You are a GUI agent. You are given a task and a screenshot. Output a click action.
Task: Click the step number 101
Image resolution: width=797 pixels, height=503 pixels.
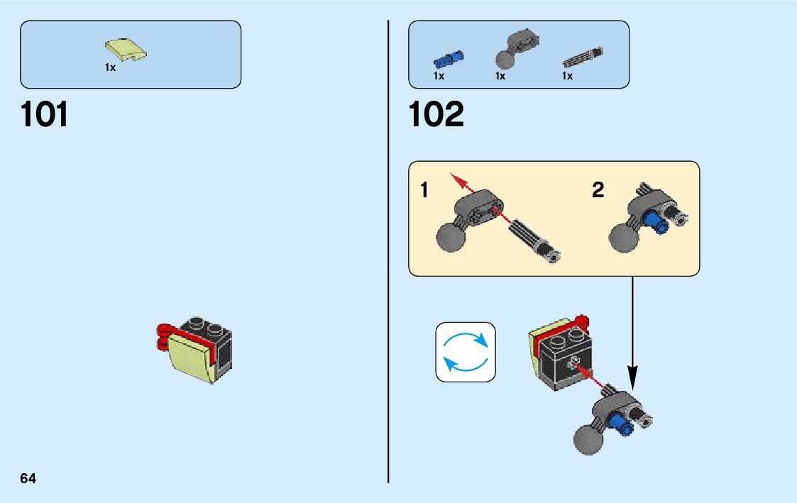coord(45,114)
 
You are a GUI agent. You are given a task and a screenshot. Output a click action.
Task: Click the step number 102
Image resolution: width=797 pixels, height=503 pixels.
coord(436,114)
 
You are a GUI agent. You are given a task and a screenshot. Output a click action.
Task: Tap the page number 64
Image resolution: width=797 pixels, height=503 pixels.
coord(28,478)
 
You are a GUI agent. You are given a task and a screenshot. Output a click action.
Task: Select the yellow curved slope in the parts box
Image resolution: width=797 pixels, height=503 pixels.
coord(126,50)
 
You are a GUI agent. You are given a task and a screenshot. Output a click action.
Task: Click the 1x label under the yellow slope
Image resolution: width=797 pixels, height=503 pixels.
coord(110,68)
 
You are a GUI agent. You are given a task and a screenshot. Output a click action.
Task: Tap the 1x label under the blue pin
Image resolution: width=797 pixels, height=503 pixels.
coord(439,76)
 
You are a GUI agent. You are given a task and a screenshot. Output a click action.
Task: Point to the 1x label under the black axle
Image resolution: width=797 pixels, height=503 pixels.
coord(567,76)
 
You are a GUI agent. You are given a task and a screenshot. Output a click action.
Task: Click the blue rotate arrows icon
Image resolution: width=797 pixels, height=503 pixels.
coord(466,352)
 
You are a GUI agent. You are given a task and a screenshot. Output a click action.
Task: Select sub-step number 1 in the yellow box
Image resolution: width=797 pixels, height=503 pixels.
coord(424,190)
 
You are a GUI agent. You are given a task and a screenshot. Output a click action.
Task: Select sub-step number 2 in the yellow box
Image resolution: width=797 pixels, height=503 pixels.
coord(598,190)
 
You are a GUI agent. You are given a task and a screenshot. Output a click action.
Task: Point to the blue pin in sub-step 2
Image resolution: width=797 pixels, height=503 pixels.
coord(659,223)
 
